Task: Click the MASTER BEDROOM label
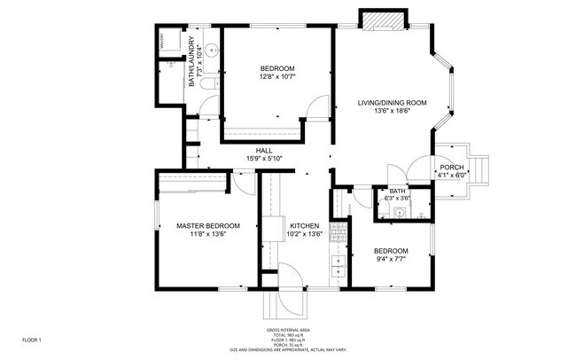(202, 225)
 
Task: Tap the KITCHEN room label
(303, 225)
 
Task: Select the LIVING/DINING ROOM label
(392, 103)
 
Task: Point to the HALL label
(264, 151)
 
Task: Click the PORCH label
(451, 167)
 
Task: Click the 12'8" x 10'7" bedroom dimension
(277, 77)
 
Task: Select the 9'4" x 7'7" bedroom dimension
(390, 259)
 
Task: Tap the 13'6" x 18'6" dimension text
(392, 112)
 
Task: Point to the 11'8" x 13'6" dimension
(202, 234)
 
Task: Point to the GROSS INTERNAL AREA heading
(287, 330)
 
